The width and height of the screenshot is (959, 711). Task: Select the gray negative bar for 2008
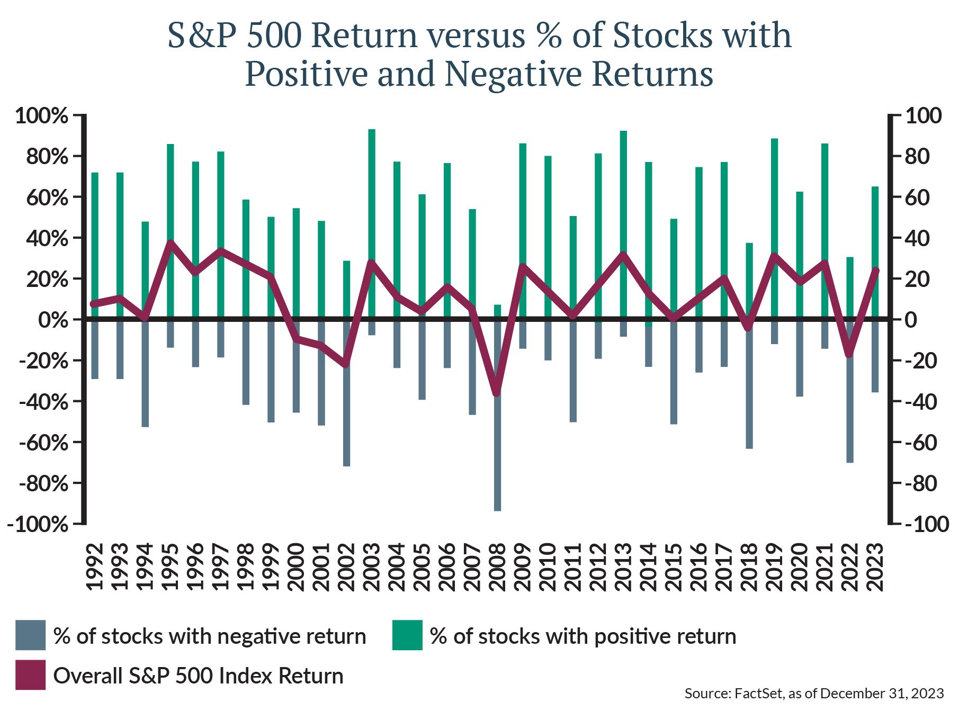[x=497, y=455]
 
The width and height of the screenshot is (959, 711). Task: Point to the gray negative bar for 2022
[x=850, y=413]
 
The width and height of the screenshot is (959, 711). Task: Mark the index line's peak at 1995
[x=171, y=242]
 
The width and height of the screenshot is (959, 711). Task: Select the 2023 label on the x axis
[x=875, y=567]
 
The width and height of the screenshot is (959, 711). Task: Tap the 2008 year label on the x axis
[x=498, y=567]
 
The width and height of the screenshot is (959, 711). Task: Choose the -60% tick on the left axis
[x=44, y=443]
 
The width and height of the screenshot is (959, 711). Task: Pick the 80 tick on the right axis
[x=917, y=157]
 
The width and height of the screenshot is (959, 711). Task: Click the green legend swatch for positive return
[x=407, y=635]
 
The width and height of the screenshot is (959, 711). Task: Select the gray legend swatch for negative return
[x=30, y=635]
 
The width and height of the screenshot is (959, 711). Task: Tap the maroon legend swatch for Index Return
[x=30, y=675]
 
